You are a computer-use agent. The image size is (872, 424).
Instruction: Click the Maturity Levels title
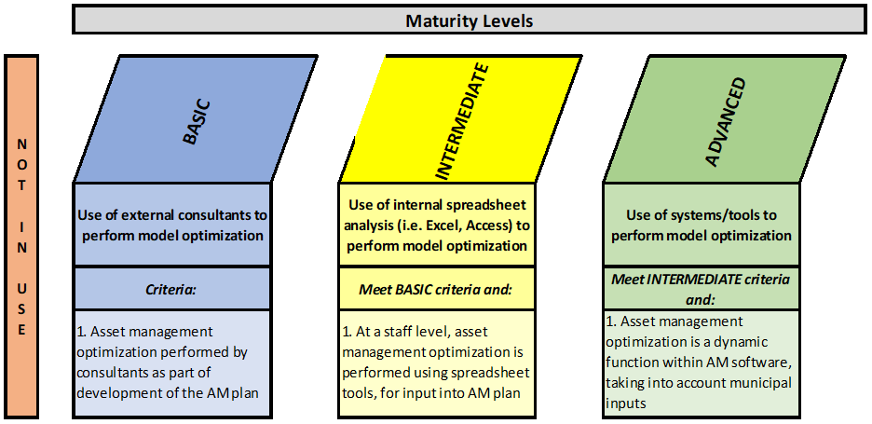(469, 21)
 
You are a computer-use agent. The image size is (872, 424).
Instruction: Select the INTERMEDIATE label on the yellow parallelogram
(462, 121)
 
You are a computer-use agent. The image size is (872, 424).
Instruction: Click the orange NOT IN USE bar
(21, 236)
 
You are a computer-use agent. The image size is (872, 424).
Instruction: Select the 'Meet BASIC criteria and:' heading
(437, 289)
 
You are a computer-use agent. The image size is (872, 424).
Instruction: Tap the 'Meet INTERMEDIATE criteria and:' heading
(702, 289)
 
